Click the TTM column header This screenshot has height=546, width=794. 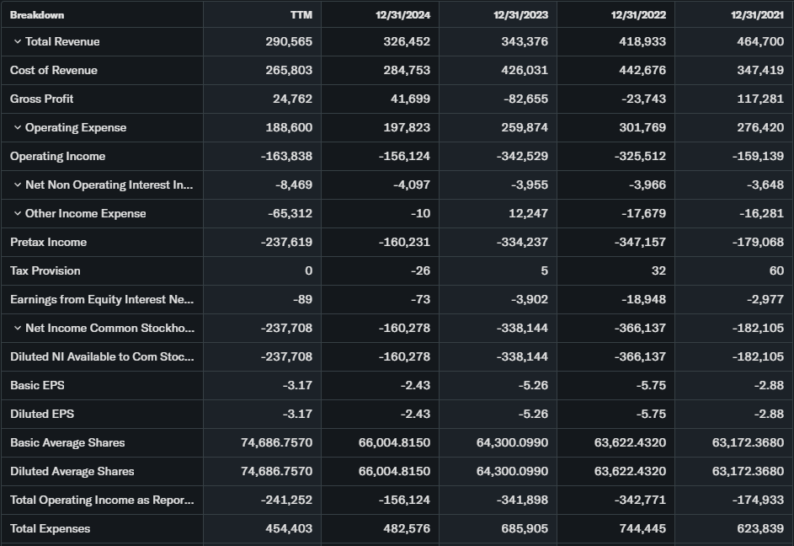301,15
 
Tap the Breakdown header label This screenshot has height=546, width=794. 37,15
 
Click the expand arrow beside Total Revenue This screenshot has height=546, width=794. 17,42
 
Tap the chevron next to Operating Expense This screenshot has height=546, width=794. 17,128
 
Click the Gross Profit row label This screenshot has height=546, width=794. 42,99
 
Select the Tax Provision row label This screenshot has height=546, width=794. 45,271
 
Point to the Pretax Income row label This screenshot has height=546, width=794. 48,243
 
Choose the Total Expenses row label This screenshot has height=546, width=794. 51,529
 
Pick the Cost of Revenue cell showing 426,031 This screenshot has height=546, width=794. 525,71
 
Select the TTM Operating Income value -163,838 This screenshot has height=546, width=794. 288,157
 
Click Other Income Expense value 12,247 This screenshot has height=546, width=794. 529,214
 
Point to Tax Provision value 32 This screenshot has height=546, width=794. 658,271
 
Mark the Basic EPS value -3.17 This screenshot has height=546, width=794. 297,386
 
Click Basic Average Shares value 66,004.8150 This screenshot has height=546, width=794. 394,443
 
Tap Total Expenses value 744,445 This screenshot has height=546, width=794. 642,529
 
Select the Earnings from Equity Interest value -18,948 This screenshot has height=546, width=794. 642,300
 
